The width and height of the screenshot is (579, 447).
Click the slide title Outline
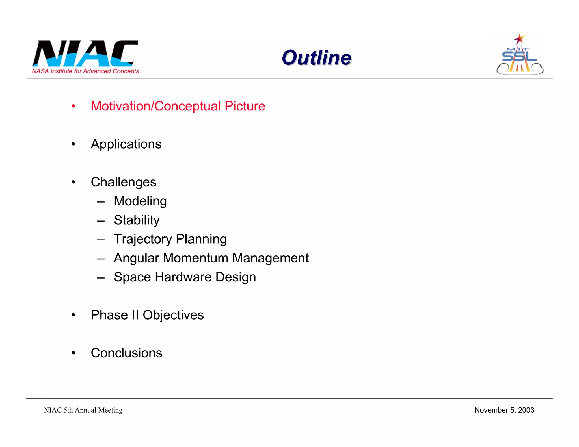point(316,58)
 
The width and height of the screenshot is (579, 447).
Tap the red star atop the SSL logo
point(519,39)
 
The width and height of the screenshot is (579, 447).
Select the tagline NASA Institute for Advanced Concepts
point(85,71)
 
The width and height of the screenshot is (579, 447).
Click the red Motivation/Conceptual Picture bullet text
point(178,106)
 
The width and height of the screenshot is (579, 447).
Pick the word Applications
point(126,144)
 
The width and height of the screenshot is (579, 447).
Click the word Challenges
point(124,182)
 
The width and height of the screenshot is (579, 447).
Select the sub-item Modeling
point(140,201)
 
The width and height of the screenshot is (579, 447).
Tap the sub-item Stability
point(137,220)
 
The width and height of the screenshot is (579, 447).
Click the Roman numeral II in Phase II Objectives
point(135,315)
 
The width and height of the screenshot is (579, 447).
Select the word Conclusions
point(126,353)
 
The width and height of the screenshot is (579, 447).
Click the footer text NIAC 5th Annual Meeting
point(83,410)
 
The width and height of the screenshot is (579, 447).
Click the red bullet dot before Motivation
point(74,107)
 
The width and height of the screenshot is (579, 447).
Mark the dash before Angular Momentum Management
point(101,259)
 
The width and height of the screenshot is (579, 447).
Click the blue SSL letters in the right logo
point(519,57)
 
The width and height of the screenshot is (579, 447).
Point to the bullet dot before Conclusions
point(74,353)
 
